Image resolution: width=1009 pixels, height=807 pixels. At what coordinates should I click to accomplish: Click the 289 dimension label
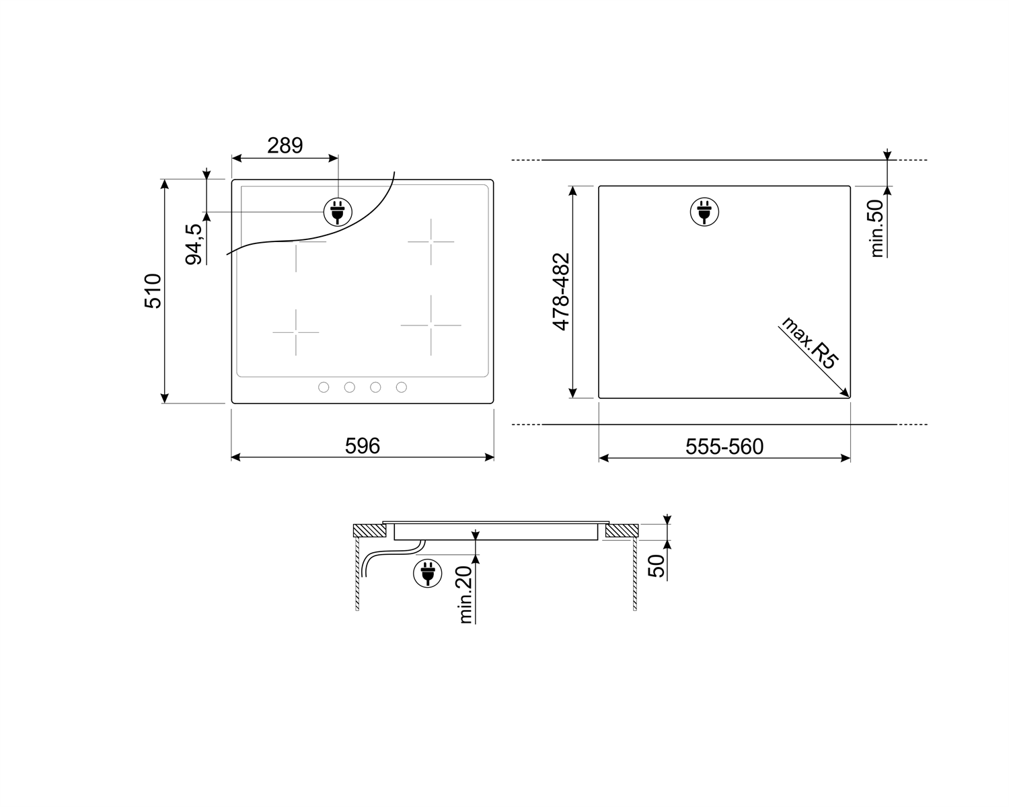285,145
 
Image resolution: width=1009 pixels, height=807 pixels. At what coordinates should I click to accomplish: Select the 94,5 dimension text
194,244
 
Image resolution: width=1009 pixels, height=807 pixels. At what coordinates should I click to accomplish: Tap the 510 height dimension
153,291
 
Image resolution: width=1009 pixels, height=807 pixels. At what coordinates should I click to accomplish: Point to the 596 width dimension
363,446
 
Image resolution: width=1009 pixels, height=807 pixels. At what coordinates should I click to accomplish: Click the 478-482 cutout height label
561,292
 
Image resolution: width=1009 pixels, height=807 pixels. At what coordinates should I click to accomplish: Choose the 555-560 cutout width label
724,447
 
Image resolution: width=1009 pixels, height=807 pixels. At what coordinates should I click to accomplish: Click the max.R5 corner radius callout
810,344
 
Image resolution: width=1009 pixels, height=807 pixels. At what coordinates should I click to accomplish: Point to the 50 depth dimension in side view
657,566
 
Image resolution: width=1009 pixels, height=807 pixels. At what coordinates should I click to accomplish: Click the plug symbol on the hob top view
338,212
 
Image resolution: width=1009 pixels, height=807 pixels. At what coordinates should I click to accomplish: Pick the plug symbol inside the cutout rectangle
704,212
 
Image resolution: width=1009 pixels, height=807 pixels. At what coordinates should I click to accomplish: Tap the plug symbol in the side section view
427,573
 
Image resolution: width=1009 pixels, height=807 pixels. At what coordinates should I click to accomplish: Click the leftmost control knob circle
324,387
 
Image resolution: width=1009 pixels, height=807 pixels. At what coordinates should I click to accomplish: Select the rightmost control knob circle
402,387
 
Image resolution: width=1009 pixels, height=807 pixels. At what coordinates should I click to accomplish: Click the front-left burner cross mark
295,332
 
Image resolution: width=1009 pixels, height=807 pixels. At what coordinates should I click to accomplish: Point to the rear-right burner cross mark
431,241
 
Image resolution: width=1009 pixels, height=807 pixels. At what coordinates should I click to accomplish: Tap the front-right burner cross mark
431,325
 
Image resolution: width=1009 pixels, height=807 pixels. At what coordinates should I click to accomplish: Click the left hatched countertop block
369,531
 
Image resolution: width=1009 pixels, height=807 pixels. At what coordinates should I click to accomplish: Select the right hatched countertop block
620,531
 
